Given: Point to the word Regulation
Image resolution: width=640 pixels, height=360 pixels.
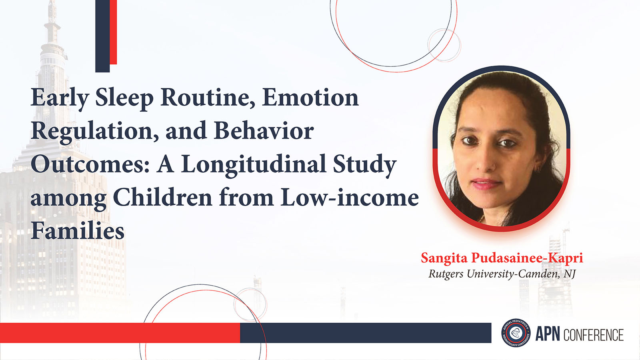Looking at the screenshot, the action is [95, 132].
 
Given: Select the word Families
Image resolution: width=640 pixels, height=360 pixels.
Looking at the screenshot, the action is [78, 230].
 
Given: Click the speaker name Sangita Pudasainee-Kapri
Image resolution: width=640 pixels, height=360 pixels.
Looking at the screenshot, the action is [502, 258].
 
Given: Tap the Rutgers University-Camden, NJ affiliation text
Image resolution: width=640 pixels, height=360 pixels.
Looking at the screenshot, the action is [502, 274].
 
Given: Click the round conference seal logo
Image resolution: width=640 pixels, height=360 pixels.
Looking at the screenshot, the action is [516, 333].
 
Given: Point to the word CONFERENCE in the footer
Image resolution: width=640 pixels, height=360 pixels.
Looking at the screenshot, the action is [594, 335].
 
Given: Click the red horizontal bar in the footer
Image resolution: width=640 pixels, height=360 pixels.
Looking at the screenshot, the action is [120, 333].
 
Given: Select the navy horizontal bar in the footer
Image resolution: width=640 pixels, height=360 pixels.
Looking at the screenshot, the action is [366, 333].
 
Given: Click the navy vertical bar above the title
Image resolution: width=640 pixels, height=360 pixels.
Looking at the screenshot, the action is [102, 36].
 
